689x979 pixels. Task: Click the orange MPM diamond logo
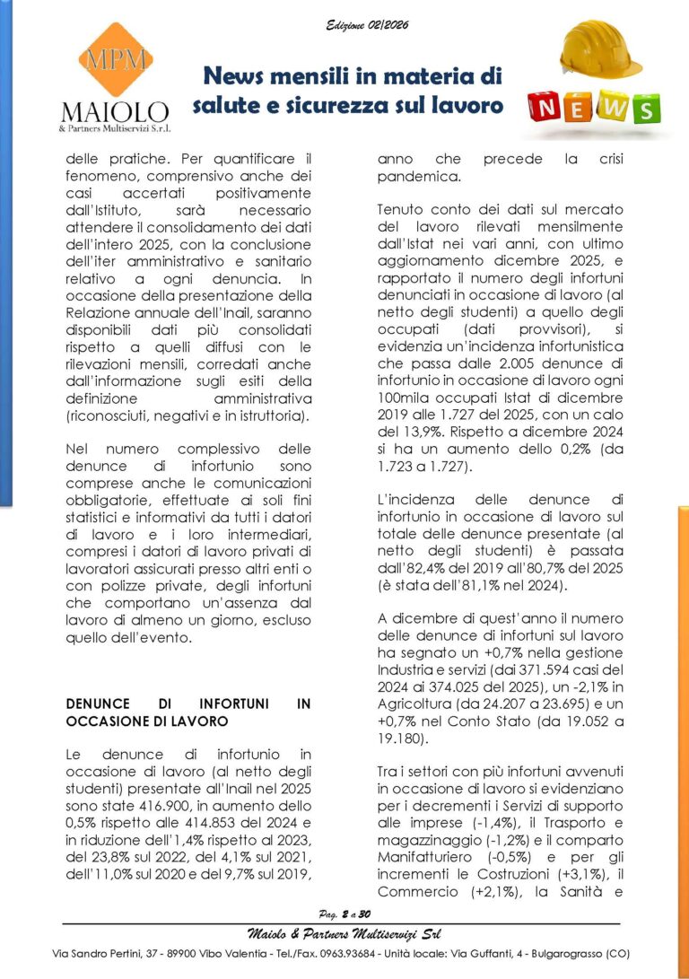pos(114,61)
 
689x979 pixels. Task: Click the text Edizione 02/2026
pos(367,25)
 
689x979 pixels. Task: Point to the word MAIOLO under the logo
pos(114,112)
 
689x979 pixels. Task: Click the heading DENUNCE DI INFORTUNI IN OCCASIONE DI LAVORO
pos(188,712)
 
